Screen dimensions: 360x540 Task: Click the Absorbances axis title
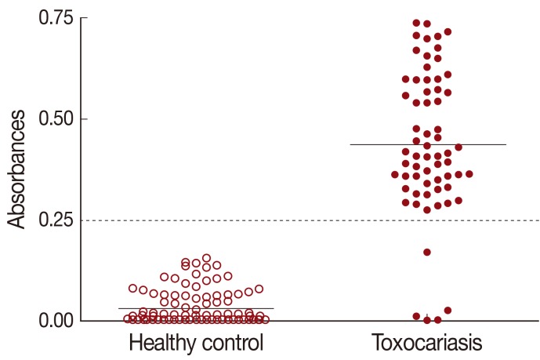coord(18,169)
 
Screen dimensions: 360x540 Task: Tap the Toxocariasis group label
coord(427,344)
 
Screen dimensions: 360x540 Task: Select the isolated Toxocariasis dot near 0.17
coord(427,252)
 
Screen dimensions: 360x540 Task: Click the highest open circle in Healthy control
coord(206,258)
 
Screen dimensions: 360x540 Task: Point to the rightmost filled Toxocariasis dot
coord(469,174)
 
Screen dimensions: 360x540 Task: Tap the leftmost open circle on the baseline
coord(128,318)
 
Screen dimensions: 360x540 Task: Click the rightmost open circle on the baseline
coord(265,319)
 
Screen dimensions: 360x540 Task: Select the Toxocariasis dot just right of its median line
coord(458,147)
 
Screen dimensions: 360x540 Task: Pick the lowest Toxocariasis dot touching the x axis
coord(437,319)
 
